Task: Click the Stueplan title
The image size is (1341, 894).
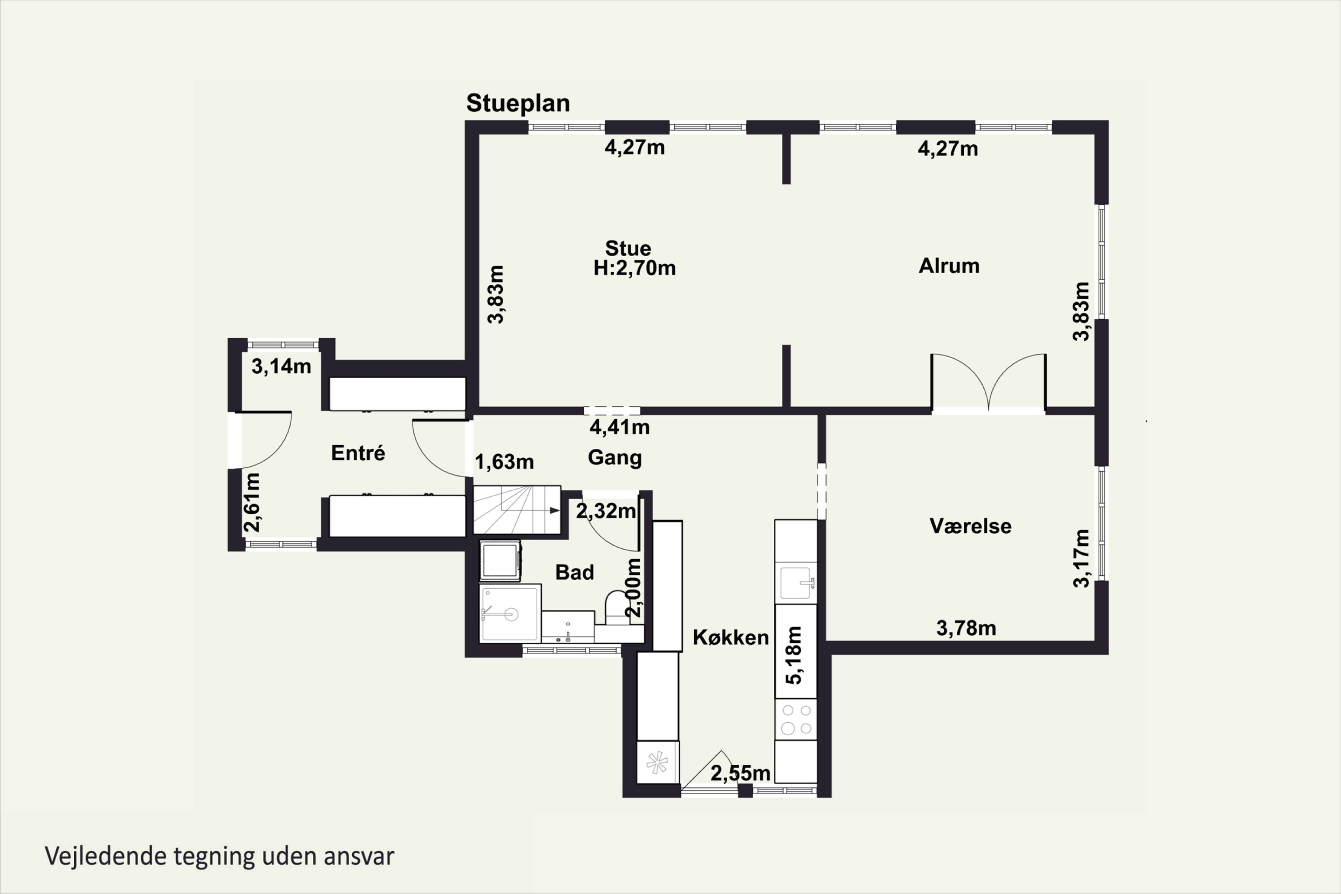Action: [x=518, y=103]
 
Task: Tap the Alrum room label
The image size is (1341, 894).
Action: [x=949, y=266]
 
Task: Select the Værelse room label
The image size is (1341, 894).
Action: [x=970, y=526]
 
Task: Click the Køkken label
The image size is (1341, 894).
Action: [x=730, y=637]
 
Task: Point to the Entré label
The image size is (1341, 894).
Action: [x=358, y=453]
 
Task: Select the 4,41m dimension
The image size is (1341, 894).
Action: [x=619, y=427]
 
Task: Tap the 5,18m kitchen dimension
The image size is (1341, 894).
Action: [x=794, y=655]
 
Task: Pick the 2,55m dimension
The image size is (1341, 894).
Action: [x=740, y=774]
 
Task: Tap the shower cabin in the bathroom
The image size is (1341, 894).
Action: [x=509, y=613]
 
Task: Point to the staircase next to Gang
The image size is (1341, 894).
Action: [x=516, y=510]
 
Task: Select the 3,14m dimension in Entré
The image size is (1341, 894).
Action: [x=281, y=367]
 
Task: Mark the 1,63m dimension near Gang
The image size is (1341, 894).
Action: [x=504, y=462]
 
